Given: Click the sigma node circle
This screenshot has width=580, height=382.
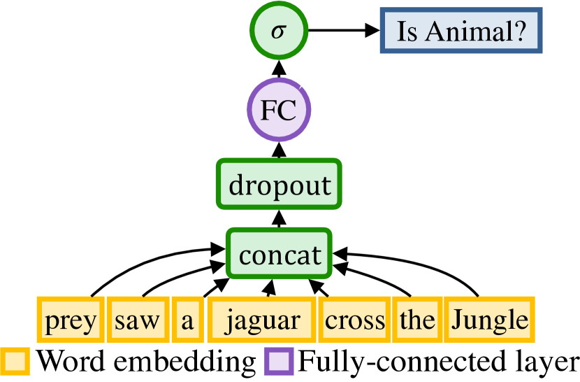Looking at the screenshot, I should click(x=278, y=32).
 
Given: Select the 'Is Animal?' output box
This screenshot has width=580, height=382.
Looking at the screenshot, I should click(x=461, y=31).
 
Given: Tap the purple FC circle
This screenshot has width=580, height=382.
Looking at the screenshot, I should click(x=279, y=111).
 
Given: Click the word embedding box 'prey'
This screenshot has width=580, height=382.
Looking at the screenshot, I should click(x=70, y=320).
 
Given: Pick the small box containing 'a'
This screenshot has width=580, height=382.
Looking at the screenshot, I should click(x=187, y=320).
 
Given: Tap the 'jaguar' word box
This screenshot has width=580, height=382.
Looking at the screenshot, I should click(x=263, y=320).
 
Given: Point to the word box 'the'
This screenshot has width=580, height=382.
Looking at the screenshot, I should click(x=417, y=320).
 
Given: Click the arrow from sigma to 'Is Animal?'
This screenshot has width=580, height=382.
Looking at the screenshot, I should click(x=342, y=31).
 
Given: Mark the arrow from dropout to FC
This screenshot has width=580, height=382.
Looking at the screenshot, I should click(x=279, y=150).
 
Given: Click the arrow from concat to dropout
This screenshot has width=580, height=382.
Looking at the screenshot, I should click(x=279, y=219).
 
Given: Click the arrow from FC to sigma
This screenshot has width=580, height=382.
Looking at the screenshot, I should click(x=279, y=69).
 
